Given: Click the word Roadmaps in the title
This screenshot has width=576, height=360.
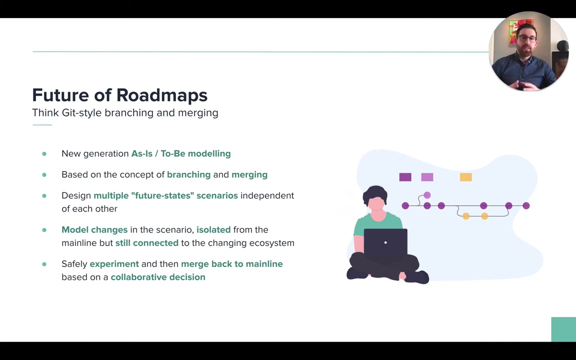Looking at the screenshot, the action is click(x=162, y=95).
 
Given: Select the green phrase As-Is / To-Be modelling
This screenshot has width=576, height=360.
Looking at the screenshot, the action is click(x=181, y=153).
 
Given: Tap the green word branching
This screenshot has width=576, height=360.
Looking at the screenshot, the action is click(x=189, y=175).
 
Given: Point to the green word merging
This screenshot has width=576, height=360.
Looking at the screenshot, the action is click(x=249, y=175).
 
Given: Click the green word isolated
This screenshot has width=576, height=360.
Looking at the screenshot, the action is click(x=213, y=229).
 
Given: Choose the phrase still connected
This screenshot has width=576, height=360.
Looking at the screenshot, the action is click(x=147, y=243).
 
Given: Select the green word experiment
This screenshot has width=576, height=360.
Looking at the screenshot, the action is click(x=114, y=264).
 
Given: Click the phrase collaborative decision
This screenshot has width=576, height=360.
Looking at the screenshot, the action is click(x=158, y=277).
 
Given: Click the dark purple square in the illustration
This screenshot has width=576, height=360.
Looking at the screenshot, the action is click(x=405, y=177).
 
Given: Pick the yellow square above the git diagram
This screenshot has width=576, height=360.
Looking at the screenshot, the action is click(x=466, y=177).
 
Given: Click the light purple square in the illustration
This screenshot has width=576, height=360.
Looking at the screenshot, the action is click(x=427, y=177).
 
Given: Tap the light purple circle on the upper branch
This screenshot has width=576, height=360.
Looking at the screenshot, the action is click(x=427, y=195).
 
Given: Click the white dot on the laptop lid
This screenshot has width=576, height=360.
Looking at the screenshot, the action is click(x=385, y=242).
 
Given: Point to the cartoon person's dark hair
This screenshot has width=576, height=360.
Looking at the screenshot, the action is click(x=374, y=194).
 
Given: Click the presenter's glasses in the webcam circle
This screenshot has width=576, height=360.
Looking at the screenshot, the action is click(x=526, y=38).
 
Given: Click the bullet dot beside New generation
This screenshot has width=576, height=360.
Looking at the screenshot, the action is click(x=44, y=154).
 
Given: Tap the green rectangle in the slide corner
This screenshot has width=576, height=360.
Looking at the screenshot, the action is click(x=563, y=329).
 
